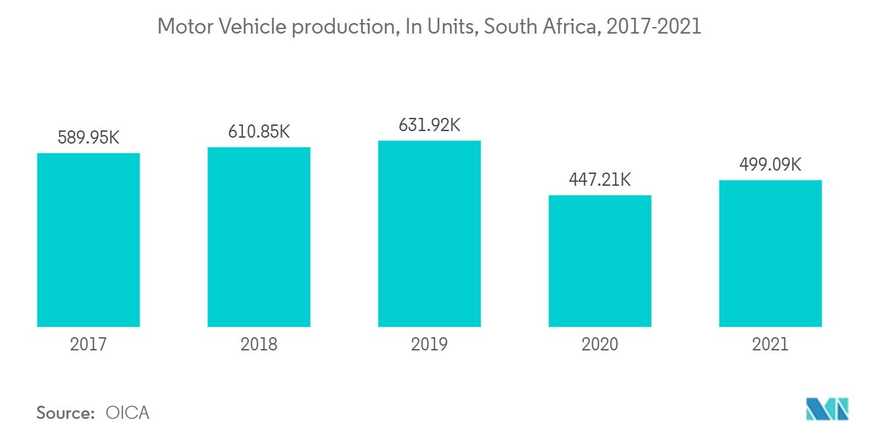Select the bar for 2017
pos(88,240)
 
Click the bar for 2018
pos(259,236)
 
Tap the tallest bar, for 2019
pos(429,233)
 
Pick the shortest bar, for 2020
pos(600,261)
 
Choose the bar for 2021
pos(770,253)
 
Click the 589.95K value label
pos(88,138)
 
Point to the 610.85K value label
pos(259,131)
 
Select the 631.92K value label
pos(429,125)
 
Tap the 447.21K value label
pos(600,179)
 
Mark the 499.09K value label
pos(770,165)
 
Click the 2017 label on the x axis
pos(88,344)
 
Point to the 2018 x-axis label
pos(259,344)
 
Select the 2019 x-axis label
pos(429,344)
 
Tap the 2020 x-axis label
pos(600,344)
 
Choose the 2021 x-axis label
pos(770,344)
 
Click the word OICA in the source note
pos(128,413)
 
